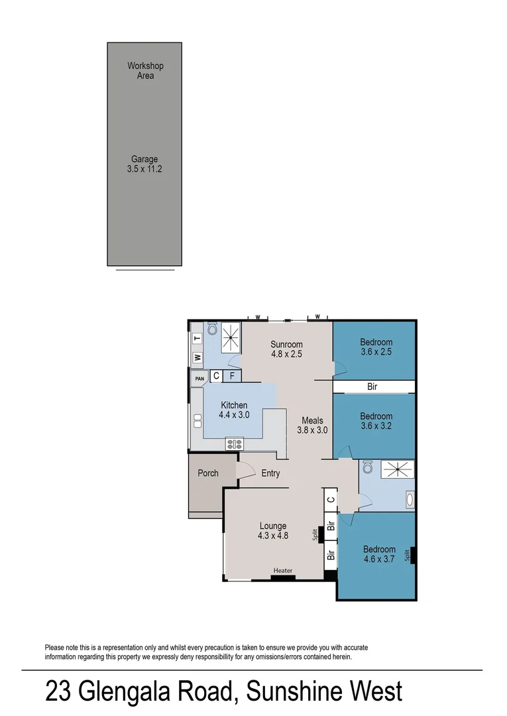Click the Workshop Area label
[145, 71]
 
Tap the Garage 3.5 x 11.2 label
[144, 164]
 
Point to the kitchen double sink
[197, 422]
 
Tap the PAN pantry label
[199, 379]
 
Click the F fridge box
[232, 376]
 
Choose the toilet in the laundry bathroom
[213, 328]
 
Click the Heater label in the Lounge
[283, 571]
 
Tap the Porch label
[208, 473]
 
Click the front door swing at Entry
[245, 469]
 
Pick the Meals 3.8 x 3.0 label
[312, 425]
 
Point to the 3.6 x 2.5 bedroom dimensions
[376, 352]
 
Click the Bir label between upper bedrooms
[372, 387]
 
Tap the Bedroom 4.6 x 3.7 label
[379, 554]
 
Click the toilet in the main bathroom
[369, 467]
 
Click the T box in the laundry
[197, 339]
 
